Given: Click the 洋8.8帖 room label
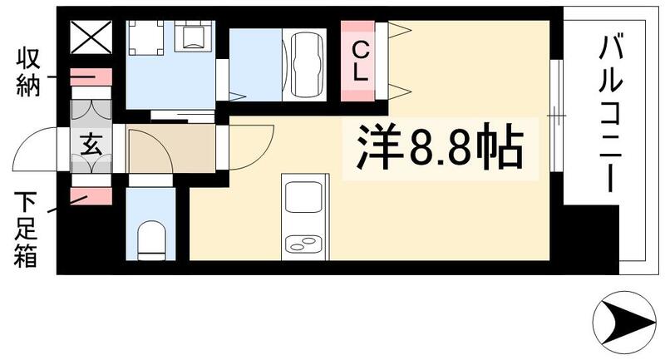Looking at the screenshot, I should coord(441,150).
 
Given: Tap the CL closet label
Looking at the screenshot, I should coord(360,60).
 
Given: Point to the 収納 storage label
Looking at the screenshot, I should coord(28,72).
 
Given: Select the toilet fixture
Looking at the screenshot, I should coord(150,237).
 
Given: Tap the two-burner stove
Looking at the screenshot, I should coord(302,244).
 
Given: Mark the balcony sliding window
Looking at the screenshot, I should coord(558,111).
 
